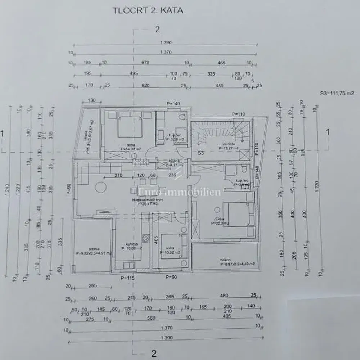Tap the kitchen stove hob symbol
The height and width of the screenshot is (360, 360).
pyautogui.click(x=146, y=237)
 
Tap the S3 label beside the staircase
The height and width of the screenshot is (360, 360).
pyautogui.click(x=201, y=153)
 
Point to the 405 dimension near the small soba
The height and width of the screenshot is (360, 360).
pyautogui.click(x=156, y=240)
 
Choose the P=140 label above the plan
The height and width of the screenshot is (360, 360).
pyautogui.click(x=173, y=104)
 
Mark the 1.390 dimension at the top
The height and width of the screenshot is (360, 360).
pyautogui.click(x=166, y=42)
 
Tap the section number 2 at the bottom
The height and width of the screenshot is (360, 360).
pyautogui.click(x=154, y=354)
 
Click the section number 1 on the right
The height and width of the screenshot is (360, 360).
pyautogui.click(x=328, y=132)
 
